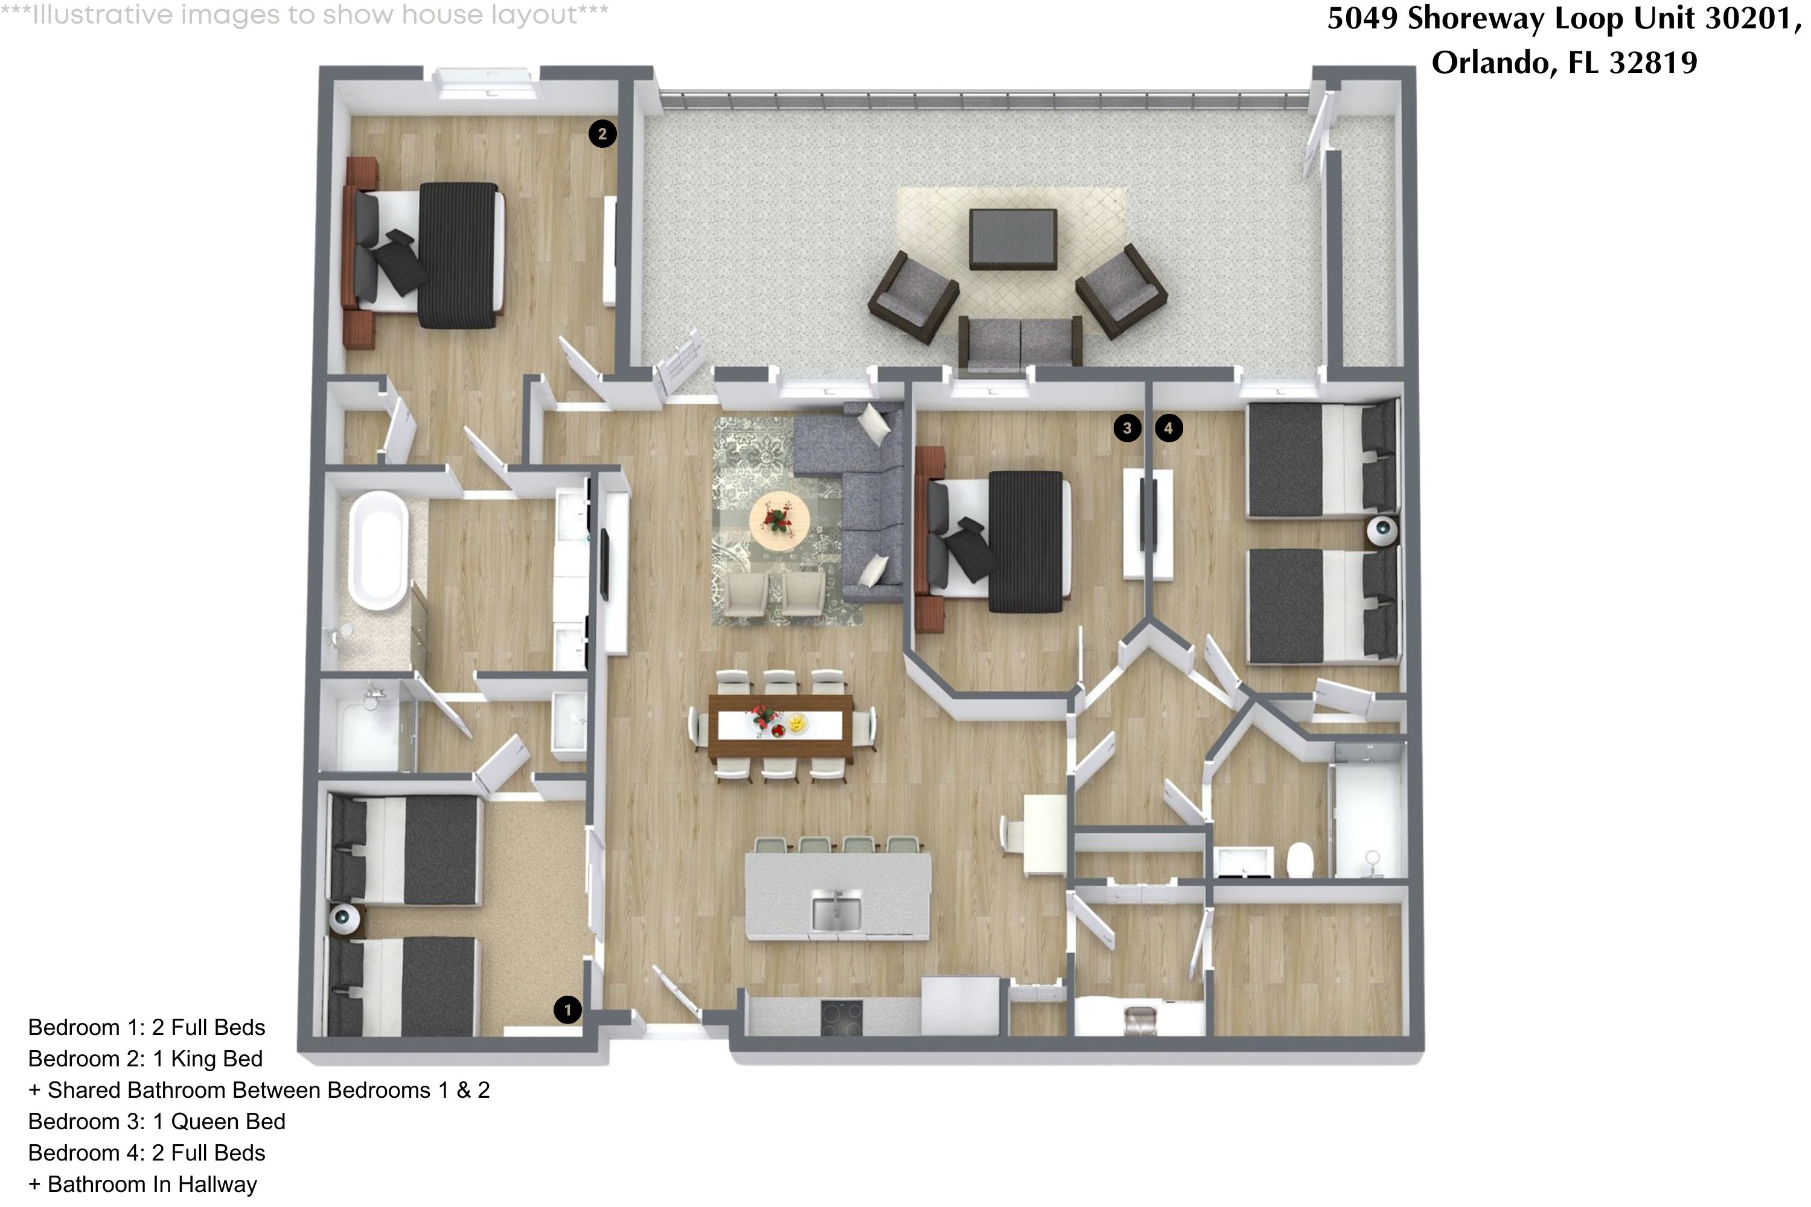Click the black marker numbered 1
coord(567,1009)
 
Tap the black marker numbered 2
coord(602,134)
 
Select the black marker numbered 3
coord(1127,428)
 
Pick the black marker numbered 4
coord(1168,428)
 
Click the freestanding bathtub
coord(379,550)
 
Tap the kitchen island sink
coord(837,911)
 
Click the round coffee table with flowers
coord(779,520)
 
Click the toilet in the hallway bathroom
coord(1300,861)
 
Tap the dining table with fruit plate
coord(780,725)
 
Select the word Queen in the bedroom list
coord(201,1121)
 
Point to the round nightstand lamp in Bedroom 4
coord(1382,530)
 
